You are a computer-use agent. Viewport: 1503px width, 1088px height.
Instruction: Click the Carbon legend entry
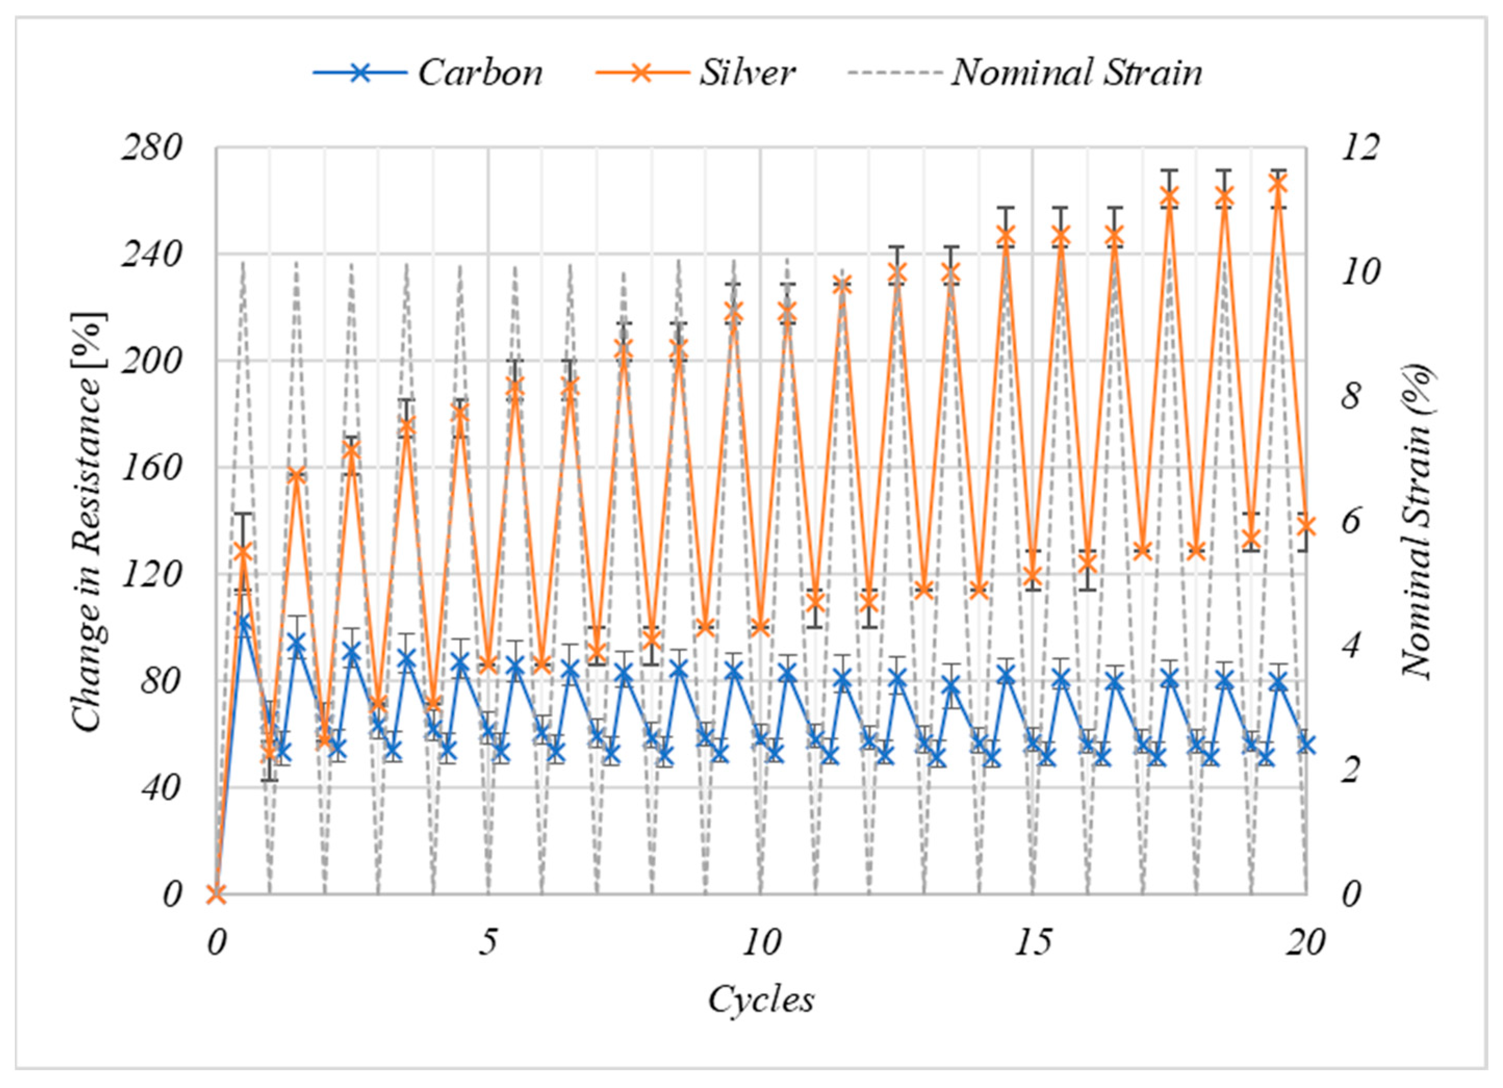pyautogui.click(x=428, y=72)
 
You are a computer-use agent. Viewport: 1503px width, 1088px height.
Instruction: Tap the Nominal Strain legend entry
pyautogui.click(x=1024, y=72)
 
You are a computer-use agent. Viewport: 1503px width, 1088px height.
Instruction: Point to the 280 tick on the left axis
pyautogui.click(x=150, y=148)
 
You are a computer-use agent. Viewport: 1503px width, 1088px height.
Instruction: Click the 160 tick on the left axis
pyautogui.click(x=150, y=468)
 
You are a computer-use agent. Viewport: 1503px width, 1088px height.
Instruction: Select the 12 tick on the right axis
pyautogui.click(x=1360, y=148)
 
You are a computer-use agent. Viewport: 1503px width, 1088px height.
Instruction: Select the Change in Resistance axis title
pyautogui.click(x=88, y=522)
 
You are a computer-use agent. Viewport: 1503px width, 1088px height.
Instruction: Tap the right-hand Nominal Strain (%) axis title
pyautogui.click(x=1419, y=522)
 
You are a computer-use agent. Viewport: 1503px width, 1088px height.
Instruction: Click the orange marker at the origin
pyautogui.click(x=217, y=894)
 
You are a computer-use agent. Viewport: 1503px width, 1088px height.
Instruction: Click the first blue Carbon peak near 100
pyautogui.click(x=244, y=624)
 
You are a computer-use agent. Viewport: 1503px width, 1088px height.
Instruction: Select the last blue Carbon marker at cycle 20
pyautogui.click(x=1305, y=744)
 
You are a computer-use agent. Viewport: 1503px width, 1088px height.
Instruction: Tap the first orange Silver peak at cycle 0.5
pyautogui.click(x=243, y=552)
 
